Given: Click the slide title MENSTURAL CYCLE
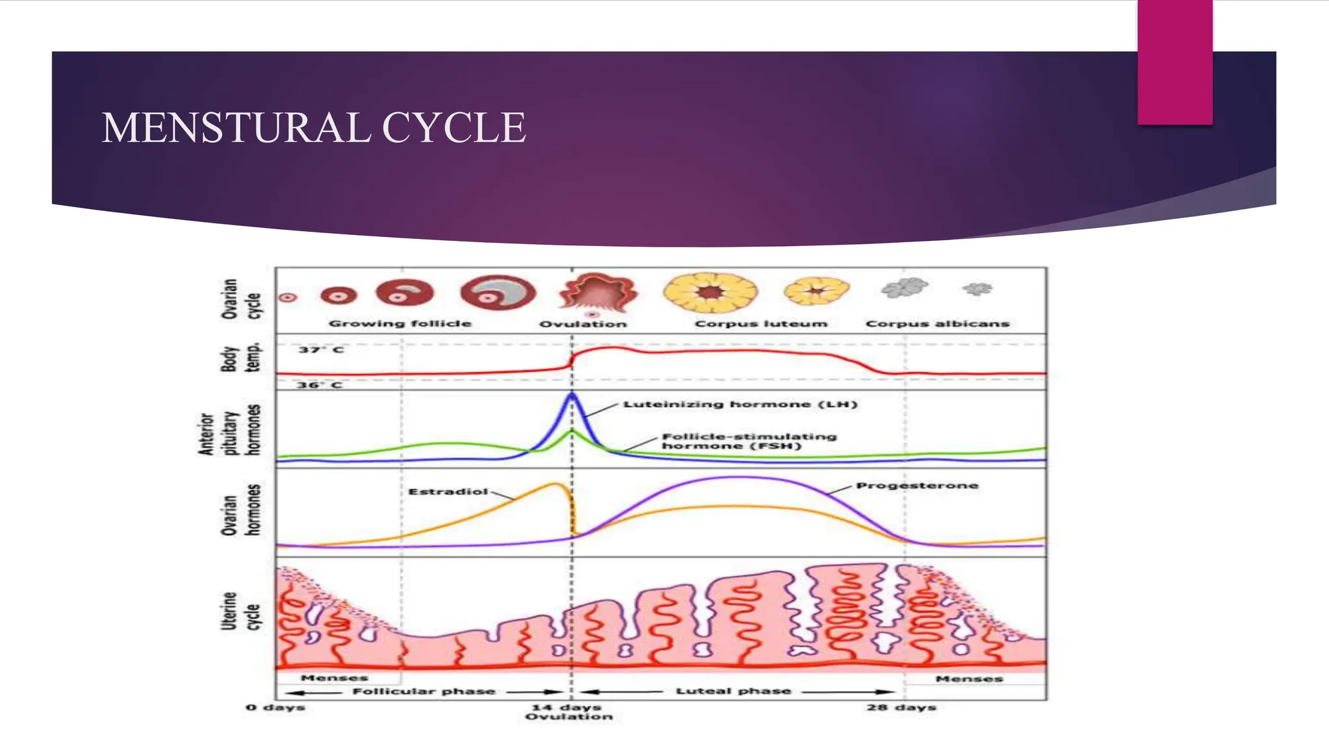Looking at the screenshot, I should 313,128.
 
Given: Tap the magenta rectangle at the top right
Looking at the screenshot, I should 1175,62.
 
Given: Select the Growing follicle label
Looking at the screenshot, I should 400,323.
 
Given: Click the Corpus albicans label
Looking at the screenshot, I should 937,323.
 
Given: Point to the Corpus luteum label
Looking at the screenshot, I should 761,323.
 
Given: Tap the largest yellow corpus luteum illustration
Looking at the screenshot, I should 710,293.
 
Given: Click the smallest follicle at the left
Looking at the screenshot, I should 288,297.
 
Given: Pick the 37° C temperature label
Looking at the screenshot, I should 321,350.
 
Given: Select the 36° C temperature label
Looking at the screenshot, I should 319,385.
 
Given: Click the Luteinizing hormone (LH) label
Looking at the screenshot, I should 740,405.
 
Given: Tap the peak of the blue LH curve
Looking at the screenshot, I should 572,394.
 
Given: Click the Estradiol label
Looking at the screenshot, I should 448,492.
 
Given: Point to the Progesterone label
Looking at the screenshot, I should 916,486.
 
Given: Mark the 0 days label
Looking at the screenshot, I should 275,707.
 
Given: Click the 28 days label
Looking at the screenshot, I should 901,707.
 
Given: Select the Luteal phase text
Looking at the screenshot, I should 733,691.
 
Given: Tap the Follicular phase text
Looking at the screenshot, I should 423,691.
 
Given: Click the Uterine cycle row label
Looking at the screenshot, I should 240,611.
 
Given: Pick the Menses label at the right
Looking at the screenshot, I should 969,679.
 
